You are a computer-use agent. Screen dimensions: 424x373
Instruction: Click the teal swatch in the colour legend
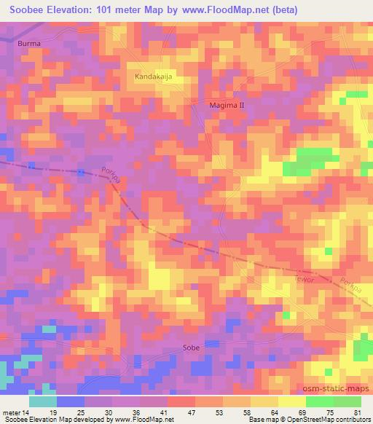click(x=42, y=401)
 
